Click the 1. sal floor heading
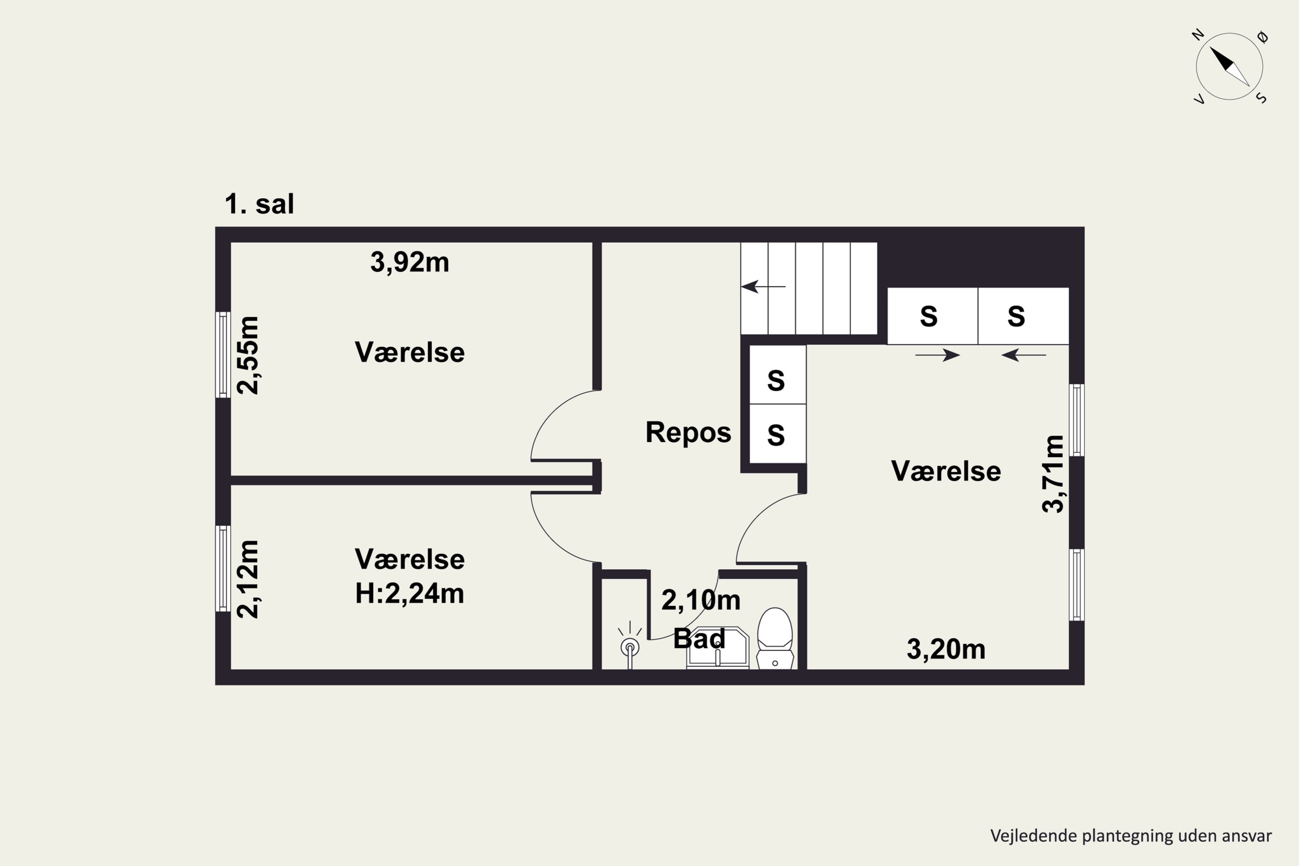[x=259, y=204]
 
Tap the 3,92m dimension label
[x=409, y=262]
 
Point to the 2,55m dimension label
[x=247, y=355]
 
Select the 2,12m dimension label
[x=247, y=579]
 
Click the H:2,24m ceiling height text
[x=409, y=594]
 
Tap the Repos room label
[x=688, y=433]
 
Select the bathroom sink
[x=717, y=648]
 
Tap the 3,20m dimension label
[x=946, y=649]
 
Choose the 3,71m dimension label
[x=1053, y=474]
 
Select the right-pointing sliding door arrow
[x=937, y=355]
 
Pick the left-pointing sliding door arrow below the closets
[x=1024, y=355]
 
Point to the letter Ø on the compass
[x=1263, y=37]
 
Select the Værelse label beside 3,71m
[x=946, y=471]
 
